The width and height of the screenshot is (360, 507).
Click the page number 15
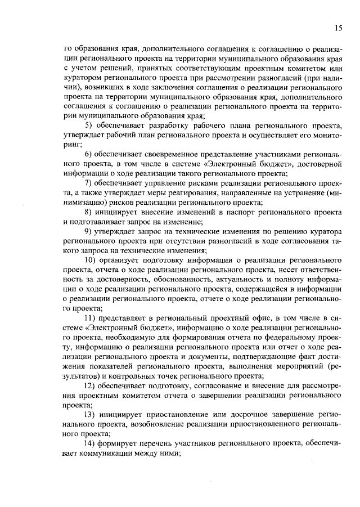338,28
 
